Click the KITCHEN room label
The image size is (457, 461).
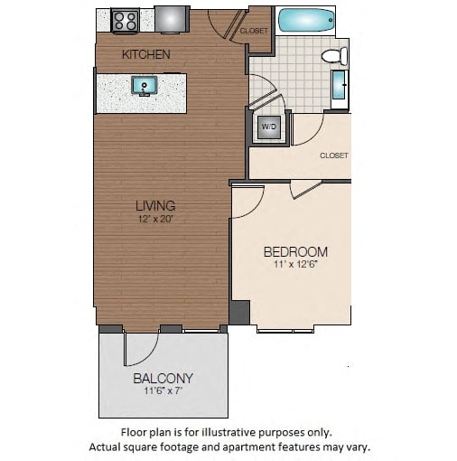(x=145, y=54)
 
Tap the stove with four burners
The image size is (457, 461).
(x=125, y=19)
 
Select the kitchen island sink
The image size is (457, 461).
(x=143, y=86)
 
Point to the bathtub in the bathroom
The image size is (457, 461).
(x=304, y=20)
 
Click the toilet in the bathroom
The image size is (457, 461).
(x=335, y=56)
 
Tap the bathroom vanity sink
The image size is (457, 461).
(x=340, y=88)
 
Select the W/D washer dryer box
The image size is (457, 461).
(x=269, y=128)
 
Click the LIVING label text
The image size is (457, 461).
(x=155, y=205)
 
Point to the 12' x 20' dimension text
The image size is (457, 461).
(x=155, y=219)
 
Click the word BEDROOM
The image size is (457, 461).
(x=295, y=251)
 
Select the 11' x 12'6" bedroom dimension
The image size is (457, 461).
(x=295, y=265)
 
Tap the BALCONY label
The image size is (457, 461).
(x=163, y=378)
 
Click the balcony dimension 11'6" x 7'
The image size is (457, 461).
(x=163, y=392)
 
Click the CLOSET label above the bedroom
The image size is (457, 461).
(x=333, y=155)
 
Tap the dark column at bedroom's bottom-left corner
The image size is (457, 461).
(x=239, y=313)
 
